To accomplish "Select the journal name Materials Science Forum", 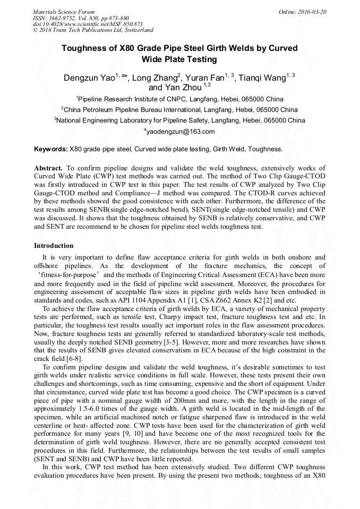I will (x=64, y=11).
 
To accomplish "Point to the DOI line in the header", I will (x=88, y=24).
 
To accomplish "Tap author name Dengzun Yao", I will (x=89, y=78).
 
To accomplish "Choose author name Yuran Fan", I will (x=204, y=78).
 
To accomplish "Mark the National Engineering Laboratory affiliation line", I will (x=181, y=120).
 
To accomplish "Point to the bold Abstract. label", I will (x=49, y=167).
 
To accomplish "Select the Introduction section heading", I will (x=54, y=246).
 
